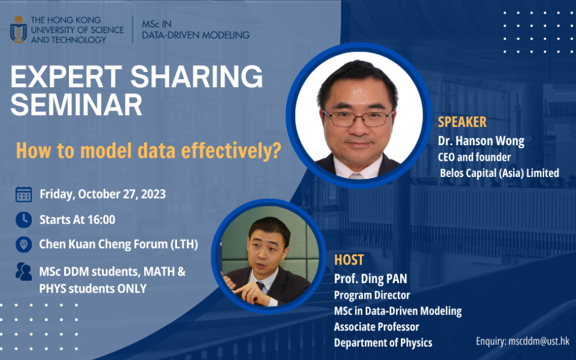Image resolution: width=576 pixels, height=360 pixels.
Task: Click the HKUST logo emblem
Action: [x=19, y=29]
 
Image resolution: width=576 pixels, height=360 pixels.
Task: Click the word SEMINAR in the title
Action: [x=76, y=104]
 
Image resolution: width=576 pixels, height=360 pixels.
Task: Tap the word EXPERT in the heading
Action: [x=66, y=76]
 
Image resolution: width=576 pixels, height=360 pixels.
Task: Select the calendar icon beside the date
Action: [x=23, y=194]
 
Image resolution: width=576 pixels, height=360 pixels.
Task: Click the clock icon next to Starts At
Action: [x=23, y=220]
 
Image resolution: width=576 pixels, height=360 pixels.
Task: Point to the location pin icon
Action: [x=23, y=244]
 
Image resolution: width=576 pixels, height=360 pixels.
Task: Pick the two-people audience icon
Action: [x=23, y=271]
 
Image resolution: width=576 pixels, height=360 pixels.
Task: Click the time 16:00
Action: [x=101, y=220]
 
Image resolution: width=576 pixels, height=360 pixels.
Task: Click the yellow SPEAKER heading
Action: [x=462, y=122]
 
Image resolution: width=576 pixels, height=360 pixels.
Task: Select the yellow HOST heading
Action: [x=349, y=260]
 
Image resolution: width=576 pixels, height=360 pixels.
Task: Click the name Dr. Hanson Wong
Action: [x=481, y=141]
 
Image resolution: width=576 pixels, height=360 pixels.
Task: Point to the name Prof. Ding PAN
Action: [x=371, y=279]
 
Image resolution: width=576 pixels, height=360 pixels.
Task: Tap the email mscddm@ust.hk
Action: [x=539, y=341]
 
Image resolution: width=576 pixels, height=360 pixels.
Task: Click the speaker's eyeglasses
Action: [x=358, y=118]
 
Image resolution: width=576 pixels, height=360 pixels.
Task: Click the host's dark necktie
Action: [x=260, y=286]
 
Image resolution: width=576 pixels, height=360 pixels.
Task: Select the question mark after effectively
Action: [x=275, y=151]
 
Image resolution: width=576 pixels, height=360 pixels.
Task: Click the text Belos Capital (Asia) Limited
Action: [x=500, y=173]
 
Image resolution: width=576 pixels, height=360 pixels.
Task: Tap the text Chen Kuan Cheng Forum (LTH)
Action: [x=119, y=244]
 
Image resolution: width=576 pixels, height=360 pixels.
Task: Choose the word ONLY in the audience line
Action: [x=132, y=289]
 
